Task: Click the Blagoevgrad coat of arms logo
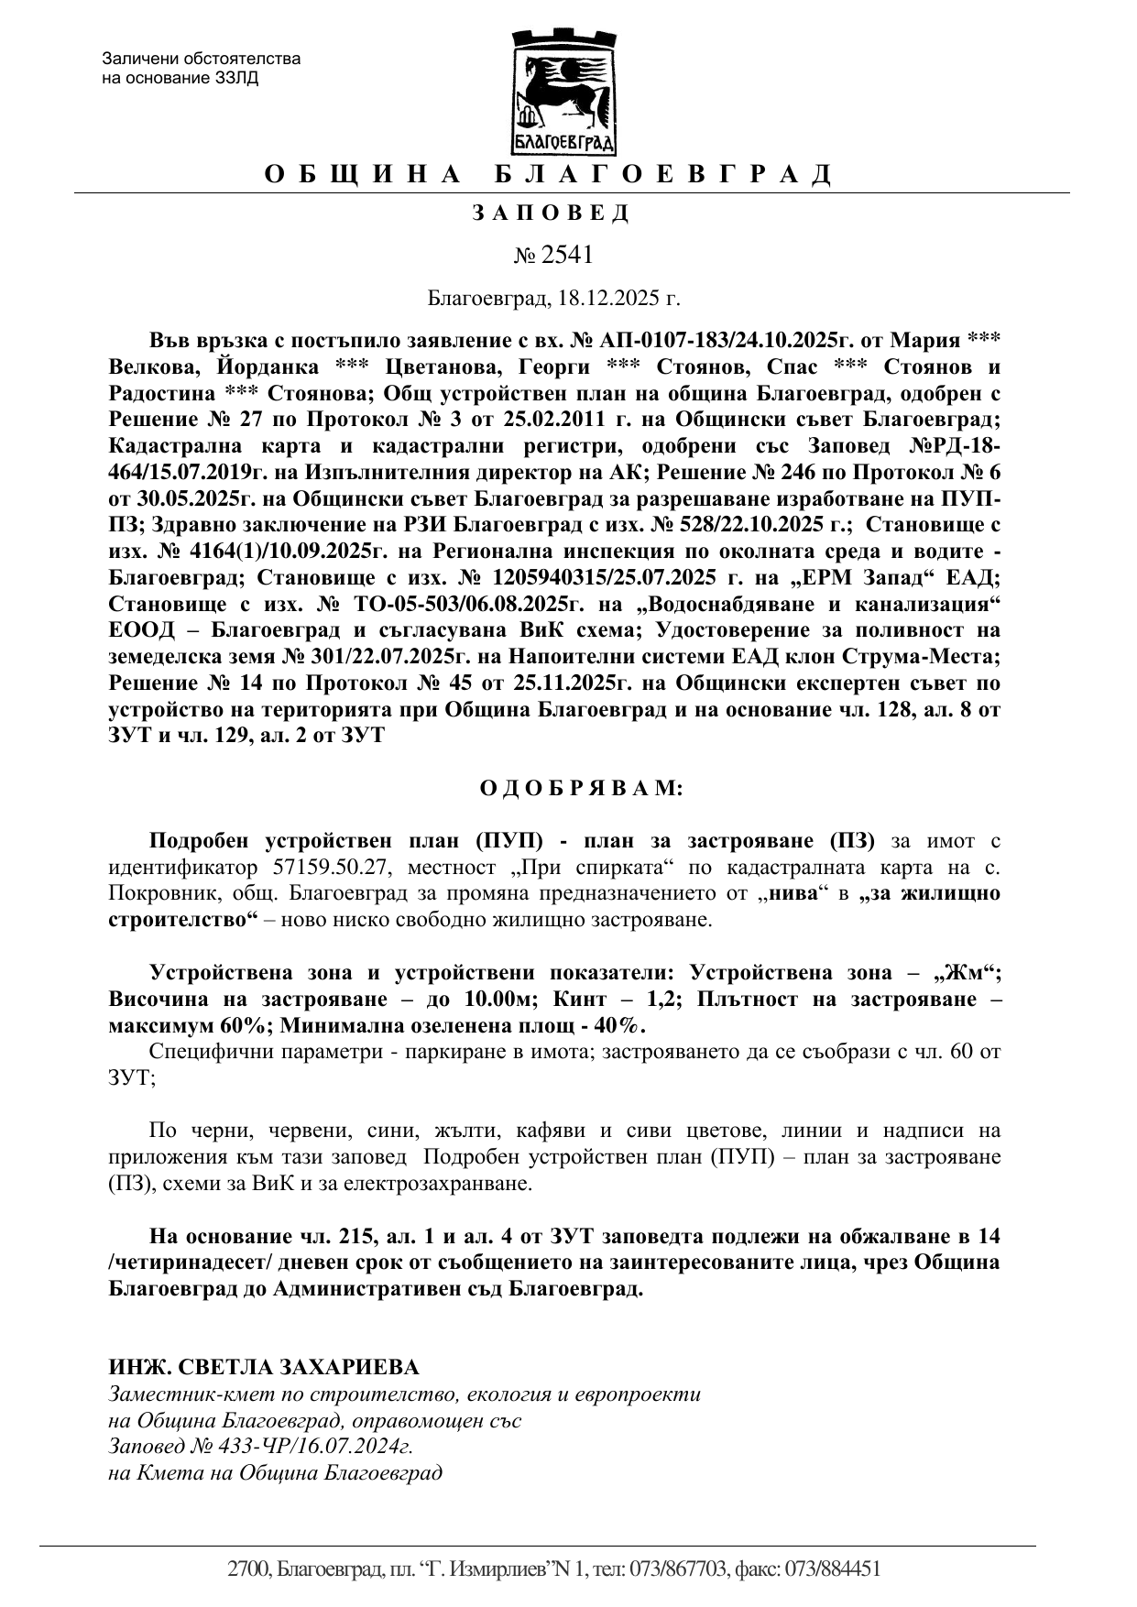(x=563, y=92)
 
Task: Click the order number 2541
(x=567, y=254)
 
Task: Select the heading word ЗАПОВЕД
(x=552, y=213)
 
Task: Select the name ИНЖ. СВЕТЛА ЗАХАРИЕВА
(x=264, y=1367)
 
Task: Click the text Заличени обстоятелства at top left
(x=202, y=60)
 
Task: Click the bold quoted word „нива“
(x=794, y=893)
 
